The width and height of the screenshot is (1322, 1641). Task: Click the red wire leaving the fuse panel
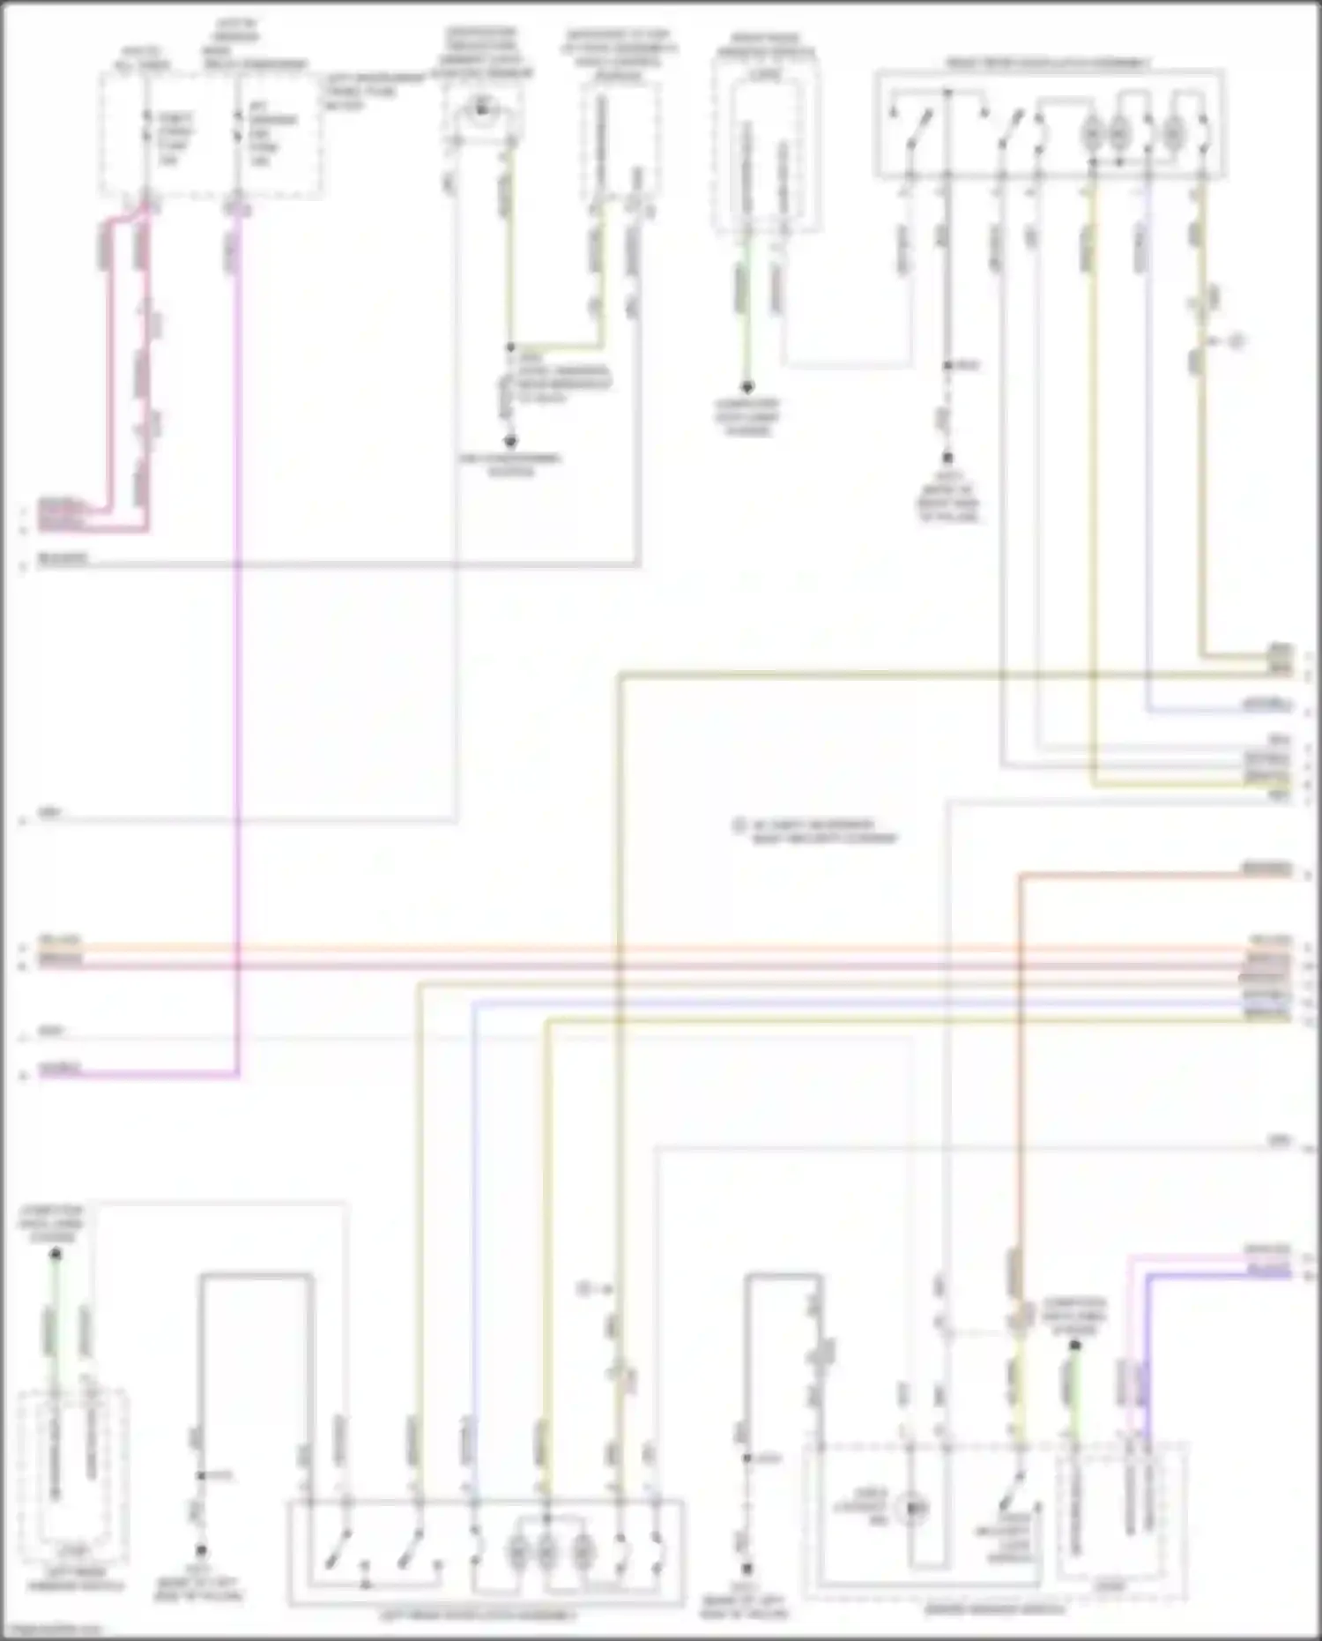tap(110, 370)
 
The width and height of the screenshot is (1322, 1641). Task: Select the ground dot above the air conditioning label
tap(510, 441)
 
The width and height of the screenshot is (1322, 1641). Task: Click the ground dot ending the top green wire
tap(746, 387)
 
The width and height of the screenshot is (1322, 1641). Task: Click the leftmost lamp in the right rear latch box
tap(1091, 134)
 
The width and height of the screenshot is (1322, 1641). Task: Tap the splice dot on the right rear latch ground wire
tap(947, 365)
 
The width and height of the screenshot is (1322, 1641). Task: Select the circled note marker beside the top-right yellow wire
tap(1237, 340)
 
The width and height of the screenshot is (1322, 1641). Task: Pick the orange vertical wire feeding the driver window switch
tap(1019, 1058)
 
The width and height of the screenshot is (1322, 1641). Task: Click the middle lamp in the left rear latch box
tap(546, 1550)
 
